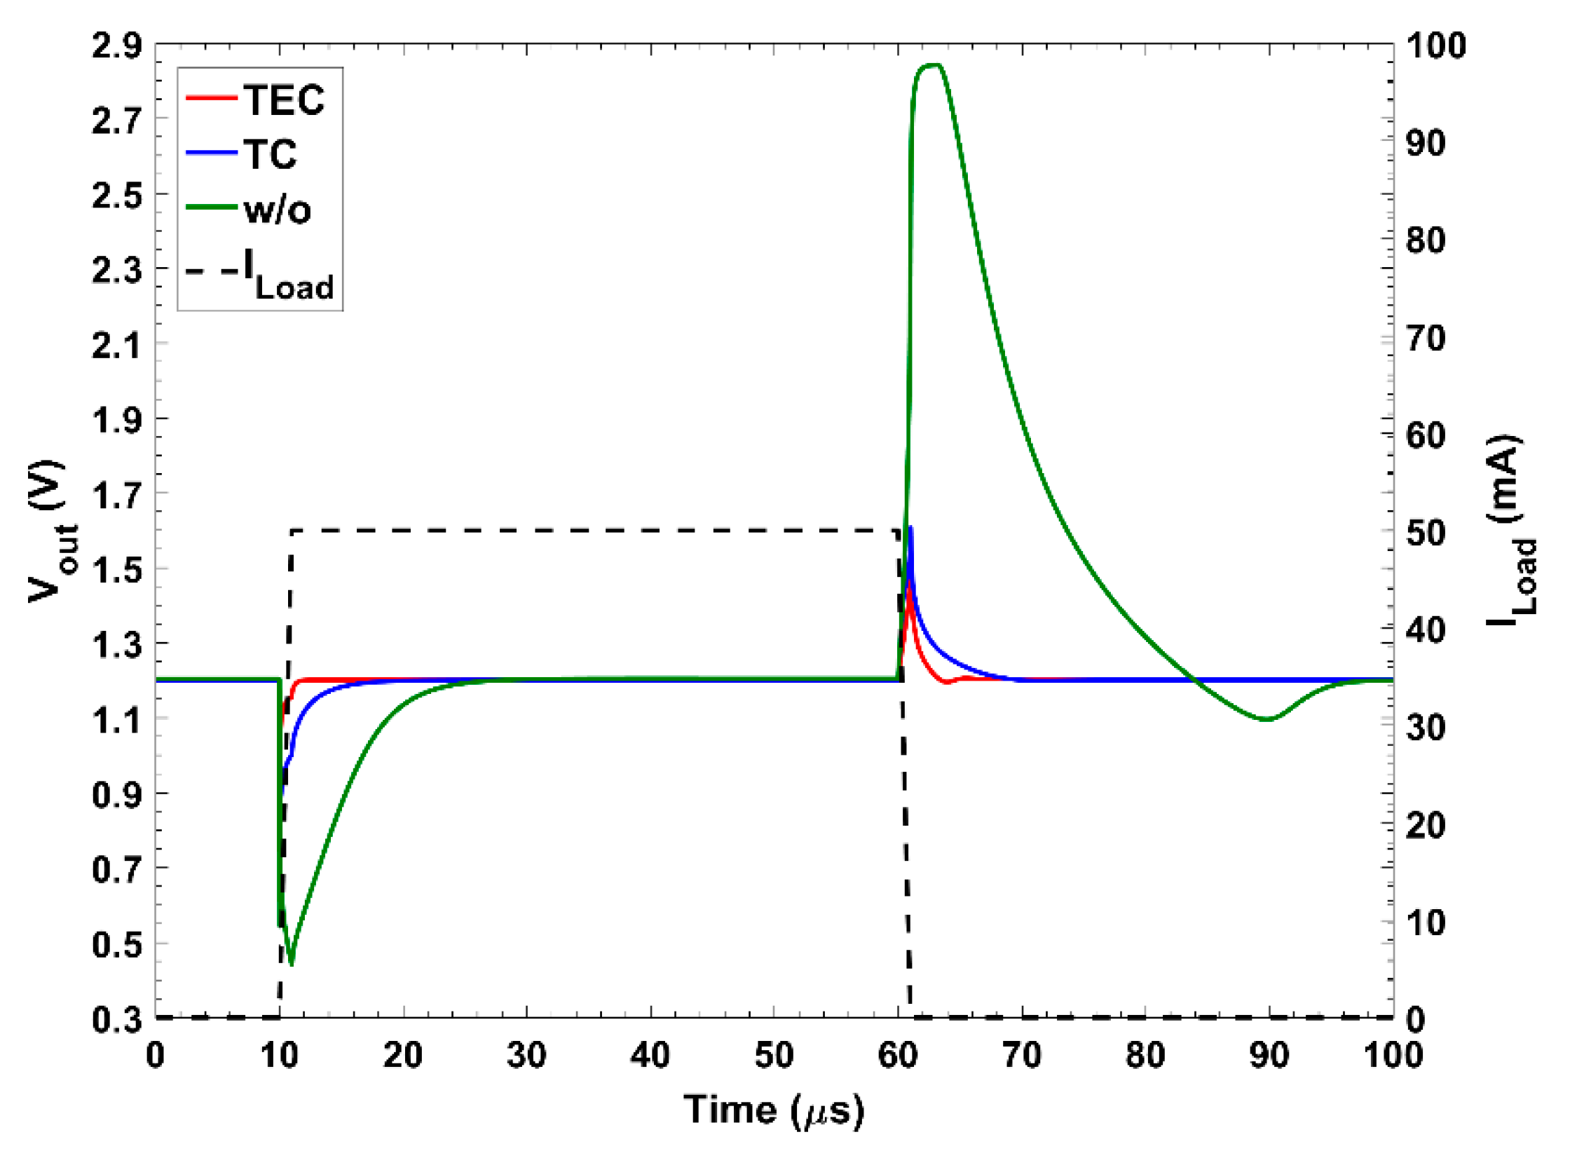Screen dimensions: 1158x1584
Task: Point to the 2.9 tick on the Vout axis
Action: click(x=116, y=46)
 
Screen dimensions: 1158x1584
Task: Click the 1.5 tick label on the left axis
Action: click(x=116, y=570)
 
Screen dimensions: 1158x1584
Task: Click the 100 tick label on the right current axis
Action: click(x=1436, y=46)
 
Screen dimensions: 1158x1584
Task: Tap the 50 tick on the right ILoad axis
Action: click(x=1426, y=533)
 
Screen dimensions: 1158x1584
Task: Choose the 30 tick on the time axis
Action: click(x=526, y=1055)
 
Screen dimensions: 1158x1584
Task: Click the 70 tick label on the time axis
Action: click(x=1022, y=1055)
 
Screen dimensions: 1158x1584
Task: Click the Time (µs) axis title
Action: click(x=774, y=1110)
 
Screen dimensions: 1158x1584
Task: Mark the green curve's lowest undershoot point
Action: click(x=292, y=965)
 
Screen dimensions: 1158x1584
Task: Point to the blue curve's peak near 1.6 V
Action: click(x=910, y=527)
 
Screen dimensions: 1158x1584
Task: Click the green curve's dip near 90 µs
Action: click(x=1266, y=719)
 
